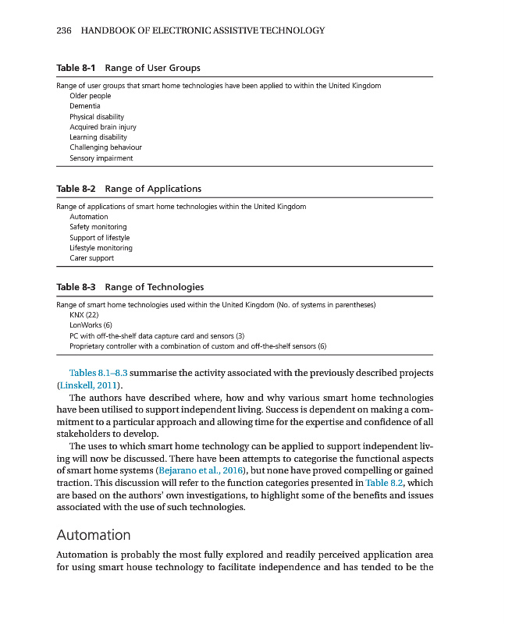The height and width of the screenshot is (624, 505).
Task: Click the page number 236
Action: [x=64, y=30]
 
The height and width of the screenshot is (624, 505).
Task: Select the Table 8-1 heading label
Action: [x=77, y=68]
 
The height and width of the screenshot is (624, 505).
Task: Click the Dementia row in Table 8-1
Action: [x=85, y=105]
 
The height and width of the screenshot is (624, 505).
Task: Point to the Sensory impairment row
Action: [x=101, y=158]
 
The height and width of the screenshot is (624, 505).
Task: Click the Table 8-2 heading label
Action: [x=77, y=189]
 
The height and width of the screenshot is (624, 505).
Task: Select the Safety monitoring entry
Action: [x=98, y=227]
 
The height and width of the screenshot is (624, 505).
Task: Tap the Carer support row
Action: [x=91, y=258]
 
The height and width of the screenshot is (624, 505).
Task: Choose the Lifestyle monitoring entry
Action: [x=101, y=248]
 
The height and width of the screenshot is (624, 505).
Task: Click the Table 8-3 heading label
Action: [x=77, y=287]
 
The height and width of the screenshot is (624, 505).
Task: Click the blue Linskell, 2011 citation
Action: [x=90, y=385]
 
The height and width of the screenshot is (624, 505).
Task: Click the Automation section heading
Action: [x=94, y=535]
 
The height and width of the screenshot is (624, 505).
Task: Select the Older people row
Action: [x=90, y=95]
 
